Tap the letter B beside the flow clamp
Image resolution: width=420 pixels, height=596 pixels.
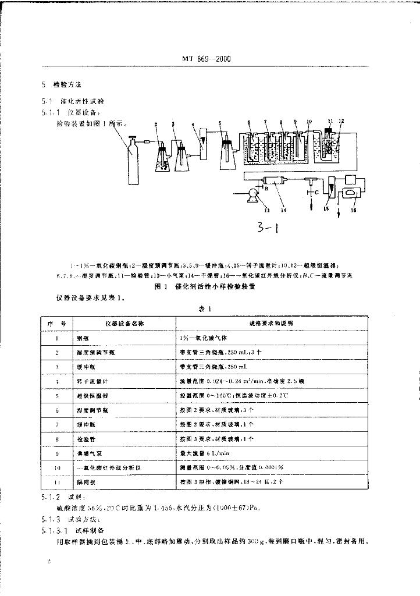click(x=266, y=188)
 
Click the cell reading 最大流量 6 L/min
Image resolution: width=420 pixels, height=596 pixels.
click(x=202, y=452)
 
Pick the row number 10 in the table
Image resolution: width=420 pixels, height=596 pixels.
click(x=57, y=466)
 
